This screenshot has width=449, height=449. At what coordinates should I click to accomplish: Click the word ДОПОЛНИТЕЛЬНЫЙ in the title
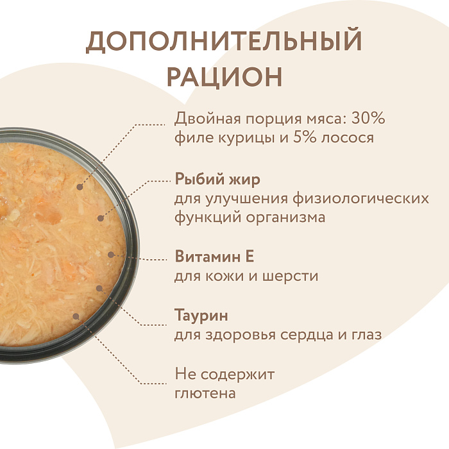tap(224, 42)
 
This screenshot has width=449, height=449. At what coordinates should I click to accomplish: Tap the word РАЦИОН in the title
tap(224, 76)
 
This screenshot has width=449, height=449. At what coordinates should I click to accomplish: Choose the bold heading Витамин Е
tap(214, 257)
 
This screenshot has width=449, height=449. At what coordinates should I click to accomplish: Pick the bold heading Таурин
tap(201, 316)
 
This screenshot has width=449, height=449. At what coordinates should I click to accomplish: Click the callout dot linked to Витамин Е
tap(111, 255)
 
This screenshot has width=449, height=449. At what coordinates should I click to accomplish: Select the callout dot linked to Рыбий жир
tap(100, 218)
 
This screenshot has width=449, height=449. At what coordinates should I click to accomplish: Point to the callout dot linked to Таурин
tap(99, 288)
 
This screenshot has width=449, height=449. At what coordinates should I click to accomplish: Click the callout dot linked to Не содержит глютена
tap(76, 316)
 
